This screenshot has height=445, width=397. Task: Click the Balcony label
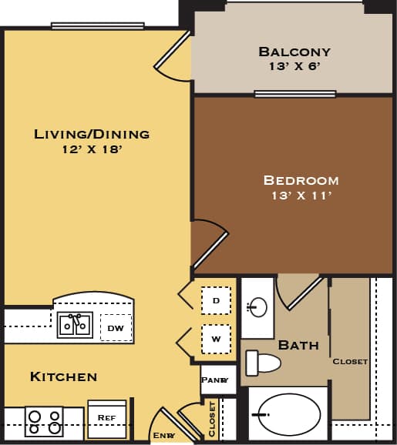tap(294, 52)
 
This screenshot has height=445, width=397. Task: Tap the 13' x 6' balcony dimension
tap(294, 67)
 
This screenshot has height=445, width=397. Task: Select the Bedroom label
tap(301, 180)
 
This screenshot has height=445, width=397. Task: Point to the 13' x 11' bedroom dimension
tap(301, 196)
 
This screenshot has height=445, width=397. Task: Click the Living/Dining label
tap(91, 134)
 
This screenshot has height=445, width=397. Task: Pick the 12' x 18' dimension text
tap(91, 149)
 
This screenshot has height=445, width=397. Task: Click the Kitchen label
tap(63, 376)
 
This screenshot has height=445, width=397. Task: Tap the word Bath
tap(298, 345)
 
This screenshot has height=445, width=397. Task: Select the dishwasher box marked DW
tap(116, 328)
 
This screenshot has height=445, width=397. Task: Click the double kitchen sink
tap(75, 326)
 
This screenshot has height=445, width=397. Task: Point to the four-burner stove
tap(43, 422)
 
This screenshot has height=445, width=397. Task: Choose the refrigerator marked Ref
tap(106, 418)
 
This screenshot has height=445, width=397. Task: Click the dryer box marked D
tap(216, 300)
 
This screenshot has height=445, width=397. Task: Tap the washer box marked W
tap(216, 338)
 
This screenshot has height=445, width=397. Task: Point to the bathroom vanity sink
tap(257, 308)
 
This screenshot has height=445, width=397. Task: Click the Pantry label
tap(214, 380)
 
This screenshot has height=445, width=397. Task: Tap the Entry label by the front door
tap(163, 436)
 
